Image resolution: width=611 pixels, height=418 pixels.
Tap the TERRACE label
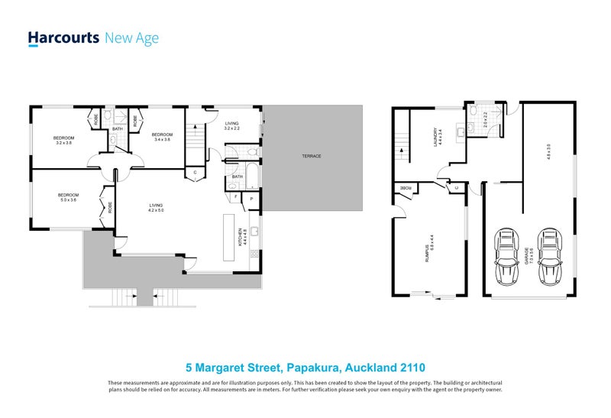coord(311,156)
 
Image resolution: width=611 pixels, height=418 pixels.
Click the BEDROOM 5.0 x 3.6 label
coord(69,197)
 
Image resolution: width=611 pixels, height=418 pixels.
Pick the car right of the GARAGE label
coord(550,254)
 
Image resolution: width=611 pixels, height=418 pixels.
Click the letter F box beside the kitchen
coord(235,197)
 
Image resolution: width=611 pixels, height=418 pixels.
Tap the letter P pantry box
coord(251,200)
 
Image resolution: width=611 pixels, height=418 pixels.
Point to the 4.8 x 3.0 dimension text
coord(548,151)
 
